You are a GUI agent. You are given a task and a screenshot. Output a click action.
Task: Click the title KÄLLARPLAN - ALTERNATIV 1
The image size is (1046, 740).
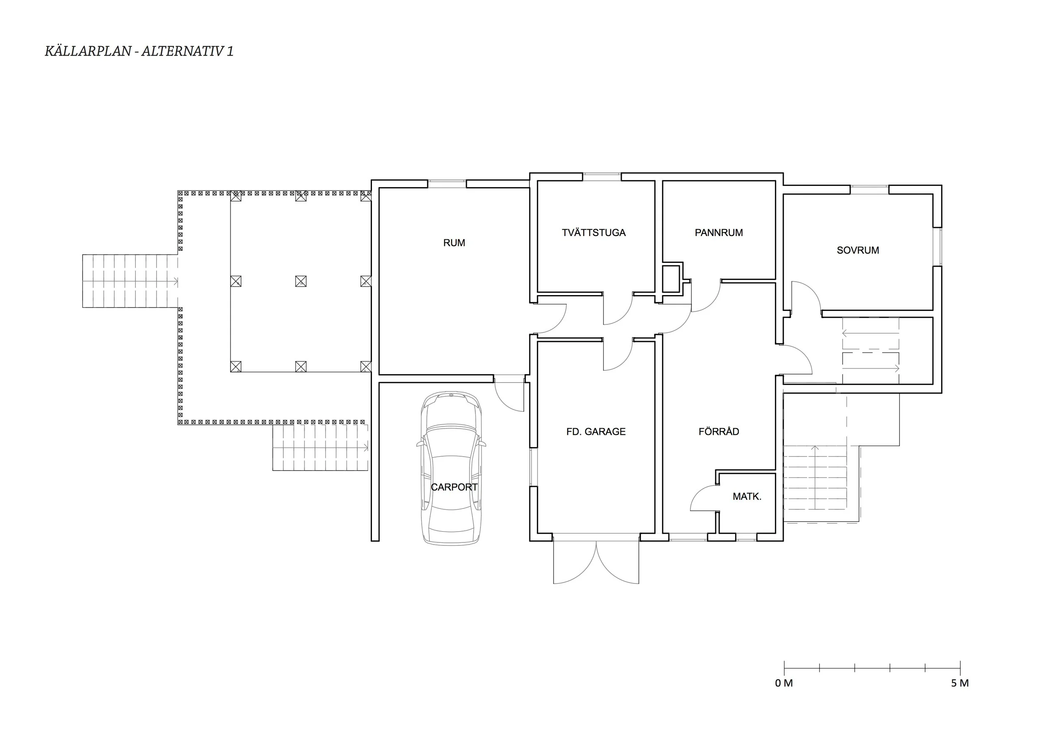pyautogui.click(x=139, y=51)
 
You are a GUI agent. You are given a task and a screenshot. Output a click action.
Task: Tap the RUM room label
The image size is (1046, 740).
pyautogui.click(x=454, y=243)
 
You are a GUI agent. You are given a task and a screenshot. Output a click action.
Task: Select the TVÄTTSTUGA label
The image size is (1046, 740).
pyautogui.click(x=594, y=232)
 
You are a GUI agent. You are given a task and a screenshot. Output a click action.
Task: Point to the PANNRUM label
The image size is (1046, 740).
pyautogui.click(x=719, y=232)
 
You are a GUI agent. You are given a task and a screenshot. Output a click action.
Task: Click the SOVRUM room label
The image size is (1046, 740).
pyautogui.click(x=858, y=250)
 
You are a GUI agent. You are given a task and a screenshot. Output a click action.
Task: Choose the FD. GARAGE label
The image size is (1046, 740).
pyautogui.click(x=596, y=432)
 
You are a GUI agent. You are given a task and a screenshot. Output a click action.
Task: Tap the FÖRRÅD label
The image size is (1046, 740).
pyautogui.click(x=719, y=431)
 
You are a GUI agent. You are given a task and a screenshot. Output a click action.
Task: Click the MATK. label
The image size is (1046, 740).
pyautogui.click(x=747, y=497)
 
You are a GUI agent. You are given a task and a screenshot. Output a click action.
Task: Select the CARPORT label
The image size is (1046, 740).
pyautogui.click(x=454, y=487)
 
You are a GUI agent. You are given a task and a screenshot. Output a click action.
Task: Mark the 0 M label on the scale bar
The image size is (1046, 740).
pyautogui.click(x=784, y=683)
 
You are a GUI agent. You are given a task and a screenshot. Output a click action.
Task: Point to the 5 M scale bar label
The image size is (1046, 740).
pyautogui.click(x=960, y=683)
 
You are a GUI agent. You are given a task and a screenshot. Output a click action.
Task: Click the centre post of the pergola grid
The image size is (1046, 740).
pyautogui.click(x=301, y=281)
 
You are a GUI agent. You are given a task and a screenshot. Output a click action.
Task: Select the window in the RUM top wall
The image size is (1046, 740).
pyautogui.click(x=447, y=184)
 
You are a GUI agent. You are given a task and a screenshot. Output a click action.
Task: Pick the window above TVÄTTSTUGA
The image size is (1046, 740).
pyautogui.click(x=602, y=177)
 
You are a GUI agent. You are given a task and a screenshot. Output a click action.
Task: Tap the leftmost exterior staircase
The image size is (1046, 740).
pyautogui.click(x=130, y=281)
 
